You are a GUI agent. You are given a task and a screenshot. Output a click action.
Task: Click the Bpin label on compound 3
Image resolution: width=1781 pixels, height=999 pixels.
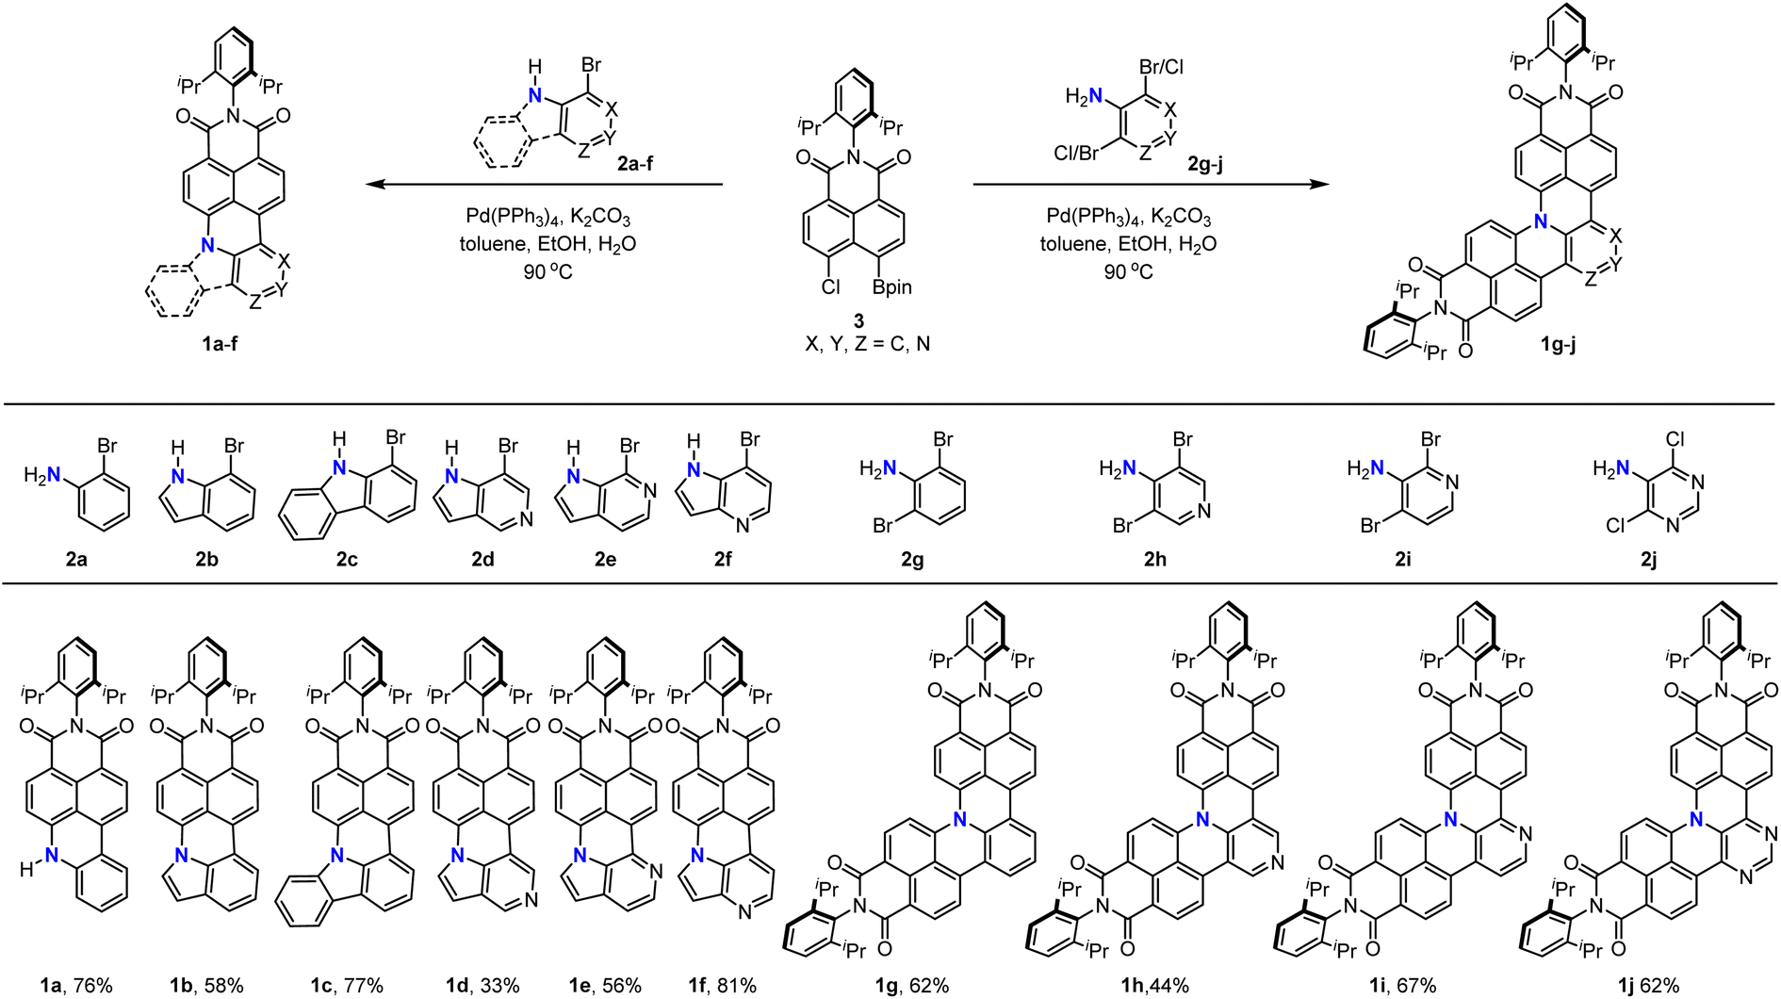(x=891, y=287)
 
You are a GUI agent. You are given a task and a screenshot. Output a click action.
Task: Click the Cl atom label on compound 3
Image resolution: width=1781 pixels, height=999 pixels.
(x=830, y=287)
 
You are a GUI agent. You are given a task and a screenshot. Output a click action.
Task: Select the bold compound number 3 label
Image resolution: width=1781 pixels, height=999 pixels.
(x=858, y=321)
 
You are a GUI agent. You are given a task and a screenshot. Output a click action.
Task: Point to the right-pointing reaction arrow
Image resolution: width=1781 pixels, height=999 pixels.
(x=1150, y=185)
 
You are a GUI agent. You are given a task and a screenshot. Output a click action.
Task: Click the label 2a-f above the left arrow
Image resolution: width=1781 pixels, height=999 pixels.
(x=635, y=163)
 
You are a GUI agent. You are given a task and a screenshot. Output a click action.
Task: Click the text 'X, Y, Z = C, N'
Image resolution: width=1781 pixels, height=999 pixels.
(x=867, y=344)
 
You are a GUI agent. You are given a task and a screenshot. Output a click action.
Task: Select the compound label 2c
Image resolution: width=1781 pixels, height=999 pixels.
(x=347, y=560)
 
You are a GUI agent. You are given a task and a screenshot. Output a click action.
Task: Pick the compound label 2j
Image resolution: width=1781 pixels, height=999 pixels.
(x=1648, y=560)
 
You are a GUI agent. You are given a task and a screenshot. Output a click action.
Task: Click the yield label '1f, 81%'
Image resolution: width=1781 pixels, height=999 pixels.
(x=722, y=986)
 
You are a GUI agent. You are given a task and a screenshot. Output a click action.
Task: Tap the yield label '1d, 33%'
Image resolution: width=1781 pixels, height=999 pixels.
(x=484, y=986)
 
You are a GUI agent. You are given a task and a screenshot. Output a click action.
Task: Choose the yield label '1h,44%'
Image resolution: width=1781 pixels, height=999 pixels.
(x=1154, y=986)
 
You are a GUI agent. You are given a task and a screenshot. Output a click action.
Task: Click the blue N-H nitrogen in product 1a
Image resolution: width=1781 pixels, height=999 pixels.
(x=52, y=856)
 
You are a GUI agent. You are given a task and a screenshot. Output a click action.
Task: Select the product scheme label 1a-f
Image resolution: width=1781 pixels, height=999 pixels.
(x=220, y=344)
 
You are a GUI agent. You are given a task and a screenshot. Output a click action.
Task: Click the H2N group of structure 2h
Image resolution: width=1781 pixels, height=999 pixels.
(x=1119, y=468)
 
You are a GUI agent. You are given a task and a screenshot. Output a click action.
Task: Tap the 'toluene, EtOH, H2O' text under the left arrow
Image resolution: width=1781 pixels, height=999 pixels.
(x=547, y=244)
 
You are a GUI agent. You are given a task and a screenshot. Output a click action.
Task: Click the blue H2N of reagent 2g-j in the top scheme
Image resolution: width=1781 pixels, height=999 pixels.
(x=1084, y=96)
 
